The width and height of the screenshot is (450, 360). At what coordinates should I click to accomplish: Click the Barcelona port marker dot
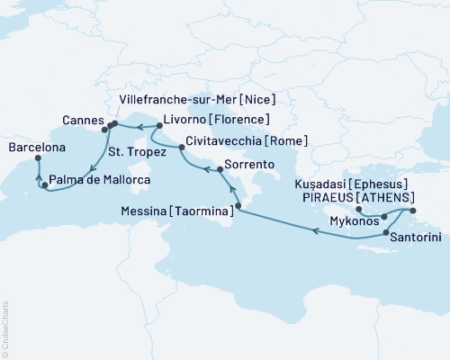[x=39, y=158]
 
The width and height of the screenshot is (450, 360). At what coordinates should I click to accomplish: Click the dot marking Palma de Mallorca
[x=45, y=185]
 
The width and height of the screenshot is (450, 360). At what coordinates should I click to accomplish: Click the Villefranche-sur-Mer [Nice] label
[x=197, y=98]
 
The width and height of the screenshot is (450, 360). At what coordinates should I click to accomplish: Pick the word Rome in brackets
[x=289, y=141]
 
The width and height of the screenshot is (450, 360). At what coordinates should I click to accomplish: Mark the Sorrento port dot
[x=219, y=169]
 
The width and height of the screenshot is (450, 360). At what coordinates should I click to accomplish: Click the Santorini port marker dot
[x=386, y=234]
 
